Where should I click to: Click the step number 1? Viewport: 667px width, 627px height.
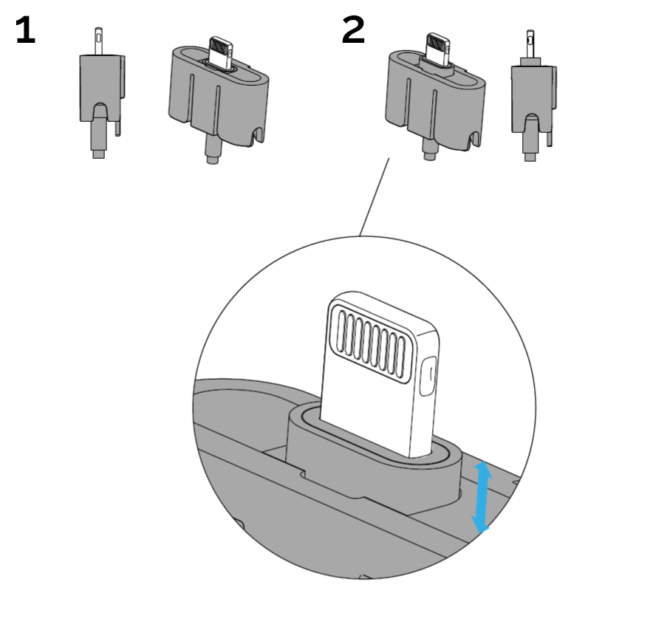[x=25, y=31]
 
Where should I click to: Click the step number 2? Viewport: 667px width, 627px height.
[x=353, y=31]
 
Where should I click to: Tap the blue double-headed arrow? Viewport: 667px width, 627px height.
[x=482, y=497]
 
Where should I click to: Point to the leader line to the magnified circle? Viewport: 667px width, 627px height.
[x=374, y=197]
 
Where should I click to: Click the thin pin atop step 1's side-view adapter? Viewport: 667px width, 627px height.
[x=99, y=41]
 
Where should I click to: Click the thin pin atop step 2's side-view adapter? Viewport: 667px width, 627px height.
[x=530, y=43]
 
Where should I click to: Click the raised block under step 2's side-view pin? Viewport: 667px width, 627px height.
[x=530, y=61]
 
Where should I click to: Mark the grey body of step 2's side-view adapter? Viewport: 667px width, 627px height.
[x=532, y=92]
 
